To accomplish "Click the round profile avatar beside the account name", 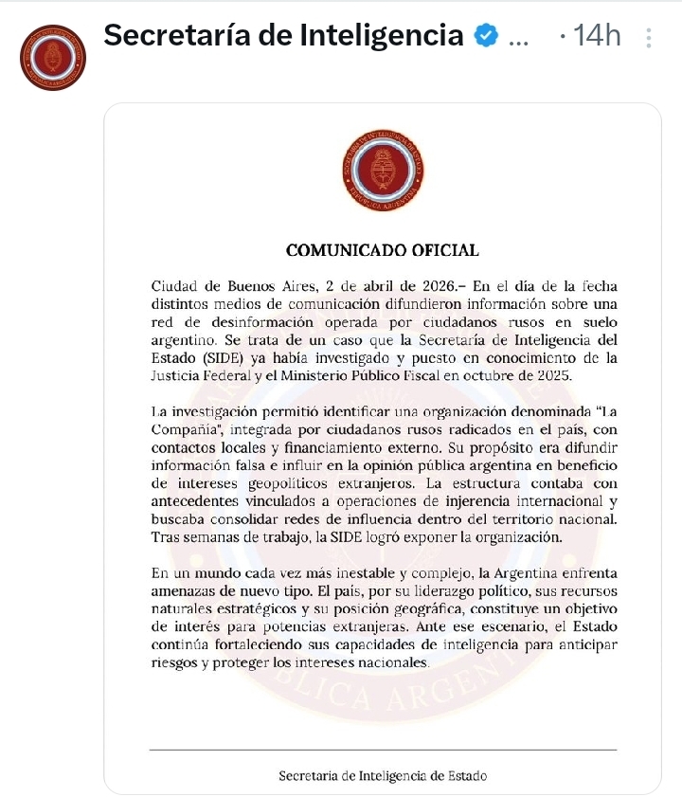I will [x=53, y=58].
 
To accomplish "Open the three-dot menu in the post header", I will [x=648, y=38].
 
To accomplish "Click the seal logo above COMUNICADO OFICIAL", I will [x=383, y=172].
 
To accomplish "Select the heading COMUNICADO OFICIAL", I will [x=383, y=250].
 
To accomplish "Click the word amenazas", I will [x=184, y=591].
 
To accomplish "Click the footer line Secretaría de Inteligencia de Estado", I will [x=383, y=775].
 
